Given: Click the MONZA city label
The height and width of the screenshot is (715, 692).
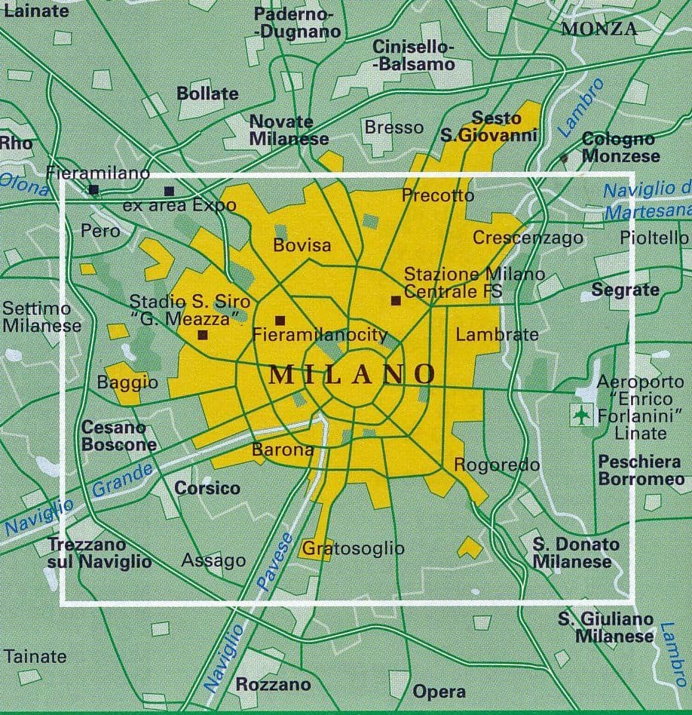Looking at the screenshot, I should click(x=599, y=29).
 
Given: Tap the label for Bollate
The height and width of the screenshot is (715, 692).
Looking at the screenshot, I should click(x=207, y=94).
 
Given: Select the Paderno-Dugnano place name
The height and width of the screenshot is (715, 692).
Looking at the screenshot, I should click(x=297, y=23).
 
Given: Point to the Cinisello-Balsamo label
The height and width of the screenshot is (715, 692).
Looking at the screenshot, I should click(x=414, y=55).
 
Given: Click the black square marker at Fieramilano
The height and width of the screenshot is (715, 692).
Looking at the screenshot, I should click(x=93, y=189).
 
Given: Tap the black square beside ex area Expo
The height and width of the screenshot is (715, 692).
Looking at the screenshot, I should click(x=169, y=191).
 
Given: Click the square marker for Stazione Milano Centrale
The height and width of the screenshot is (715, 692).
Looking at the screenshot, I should click(x=396, y=300).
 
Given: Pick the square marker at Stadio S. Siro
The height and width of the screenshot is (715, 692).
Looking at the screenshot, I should click(x=202, y=335).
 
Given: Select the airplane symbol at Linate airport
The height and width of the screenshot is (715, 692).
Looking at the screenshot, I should click(x=581, y=414).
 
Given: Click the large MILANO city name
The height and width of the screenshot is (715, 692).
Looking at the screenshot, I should click(x=352, y=373).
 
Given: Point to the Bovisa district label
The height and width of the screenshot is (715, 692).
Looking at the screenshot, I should click(x=302, y=245).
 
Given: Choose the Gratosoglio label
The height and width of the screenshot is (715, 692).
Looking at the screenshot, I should click(x=354, y=548).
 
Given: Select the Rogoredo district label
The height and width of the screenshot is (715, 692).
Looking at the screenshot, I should click(x=497, y=465).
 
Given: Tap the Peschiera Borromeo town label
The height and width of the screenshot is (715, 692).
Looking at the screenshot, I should click(x=641, y=470).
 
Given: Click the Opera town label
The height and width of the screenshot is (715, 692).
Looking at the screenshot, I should click(x=439, y=692).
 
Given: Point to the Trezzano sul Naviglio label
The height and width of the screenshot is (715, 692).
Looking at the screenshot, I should click(x=100, y=552).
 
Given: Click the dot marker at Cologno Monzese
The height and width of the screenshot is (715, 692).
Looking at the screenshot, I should click(x=564, y=158).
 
